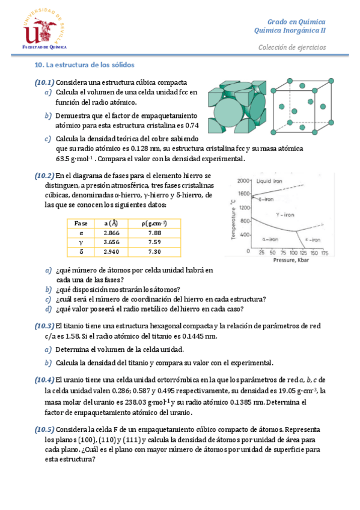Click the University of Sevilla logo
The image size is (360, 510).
click(x=44, y=29)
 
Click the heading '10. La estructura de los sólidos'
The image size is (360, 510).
click(x=85, y=65)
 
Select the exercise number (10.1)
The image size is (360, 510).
click(x=44, y=82)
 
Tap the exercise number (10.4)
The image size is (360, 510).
click(x=44, y=379)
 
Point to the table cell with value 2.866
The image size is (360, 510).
click(x=111, y=233)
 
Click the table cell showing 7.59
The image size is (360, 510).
click(x=154, y=242)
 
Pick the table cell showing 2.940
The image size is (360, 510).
click(x=111, y=251)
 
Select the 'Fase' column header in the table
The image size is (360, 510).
click(x=81, y=224)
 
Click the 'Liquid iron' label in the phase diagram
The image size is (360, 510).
click(x=269, y=181)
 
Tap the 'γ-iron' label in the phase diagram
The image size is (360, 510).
click(x=285, y=215)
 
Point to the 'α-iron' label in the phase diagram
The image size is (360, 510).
click(x=270, y=239)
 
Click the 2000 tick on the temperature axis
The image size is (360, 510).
click(x=243, y=181)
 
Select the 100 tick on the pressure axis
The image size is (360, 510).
click(x=294, y=253)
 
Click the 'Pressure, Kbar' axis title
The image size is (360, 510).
click(x=291, y=260)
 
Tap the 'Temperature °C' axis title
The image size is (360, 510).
click(x=233, y=220)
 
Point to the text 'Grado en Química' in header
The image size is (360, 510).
click(x=296, y=22)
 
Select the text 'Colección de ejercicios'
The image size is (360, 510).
click(x=292, y=47)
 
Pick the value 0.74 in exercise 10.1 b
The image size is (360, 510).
click(x=192, y=125)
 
